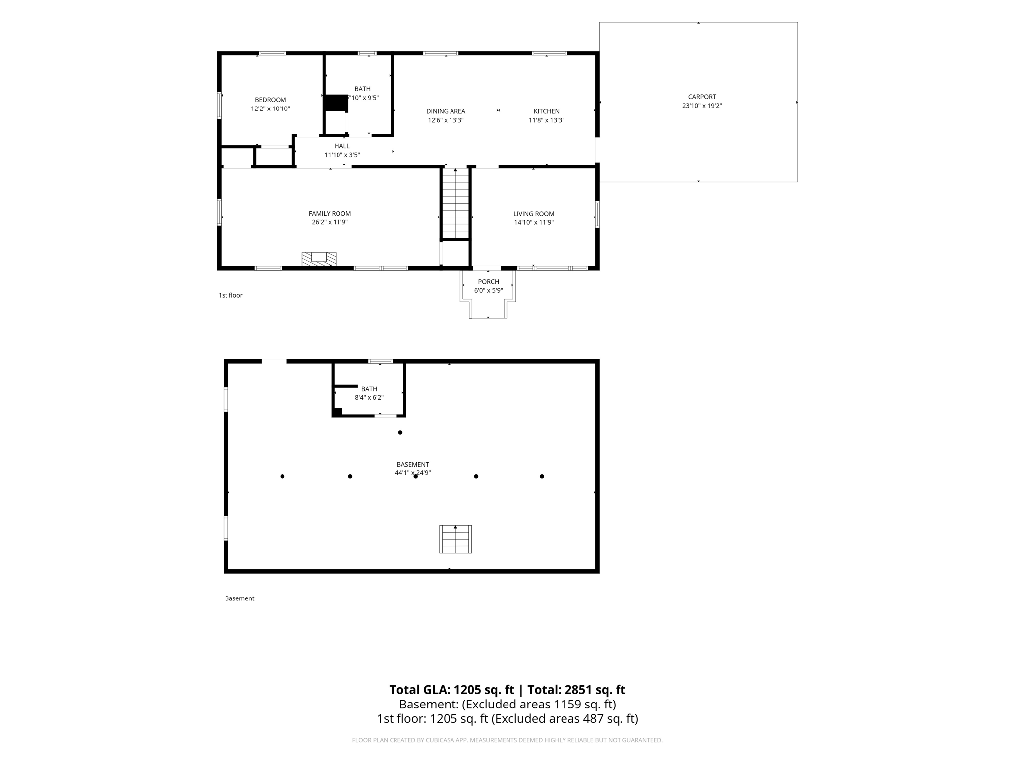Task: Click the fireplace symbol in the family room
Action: click(319, 259)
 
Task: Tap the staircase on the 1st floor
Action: click(455, 204)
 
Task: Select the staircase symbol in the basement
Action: click(455, 539)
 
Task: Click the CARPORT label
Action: click(702, 97)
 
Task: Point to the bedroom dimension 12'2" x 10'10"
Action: click(270, 109)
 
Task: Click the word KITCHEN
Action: click(547, 111)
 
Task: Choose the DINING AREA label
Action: click(446, 111)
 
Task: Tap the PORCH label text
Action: click(488, 282)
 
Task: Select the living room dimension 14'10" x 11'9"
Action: click(534, 222)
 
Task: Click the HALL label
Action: click(342, 146)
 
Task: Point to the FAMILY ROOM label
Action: click(330, 214)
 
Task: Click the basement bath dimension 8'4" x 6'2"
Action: click(369, 397)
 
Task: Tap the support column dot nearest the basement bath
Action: click(400, 432)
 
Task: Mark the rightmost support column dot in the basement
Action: click(542, 476)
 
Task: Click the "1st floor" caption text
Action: click(230, 295)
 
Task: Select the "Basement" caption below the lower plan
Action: click(239, 598)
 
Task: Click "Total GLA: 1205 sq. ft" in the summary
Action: click(451, 690)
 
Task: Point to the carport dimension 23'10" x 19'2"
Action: click(702, 106)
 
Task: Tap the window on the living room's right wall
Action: click(597, 214)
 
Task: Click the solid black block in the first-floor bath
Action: click(336, 103)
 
